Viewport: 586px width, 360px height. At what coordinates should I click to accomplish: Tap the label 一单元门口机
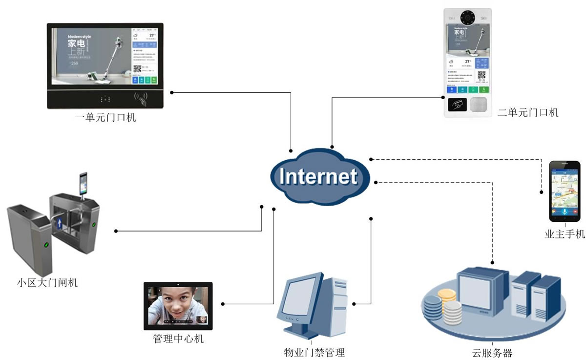[105, 118]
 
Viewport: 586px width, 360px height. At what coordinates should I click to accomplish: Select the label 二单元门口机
[528, 113]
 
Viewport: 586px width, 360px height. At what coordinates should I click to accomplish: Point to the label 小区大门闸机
[47, 283]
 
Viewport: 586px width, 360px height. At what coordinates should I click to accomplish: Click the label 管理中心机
[178, 339]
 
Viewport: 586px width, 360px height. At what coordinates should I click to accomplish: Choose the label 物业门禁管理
[314, 352]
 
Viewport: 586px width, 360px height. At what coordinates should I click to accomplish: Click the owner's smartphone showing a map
[565, 191]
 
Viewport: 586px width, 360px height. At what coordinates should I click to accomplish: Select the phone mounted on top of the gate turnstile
[83, 183]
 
